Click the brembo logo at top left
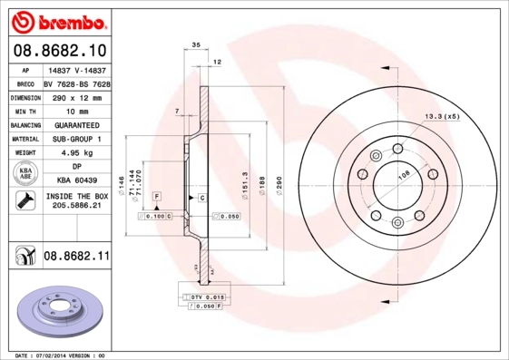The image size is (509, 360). [57, 19]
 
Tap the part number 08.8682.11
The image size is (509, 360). [76, 258]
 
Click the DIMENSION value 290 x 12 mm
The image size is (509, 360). [76, 95]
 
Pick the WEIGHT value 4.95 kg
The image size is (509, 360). [76, 153]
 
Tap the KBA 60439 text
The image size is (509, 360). [76, 180]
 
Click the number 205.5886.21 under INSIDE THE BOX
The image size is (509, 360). [76, 206]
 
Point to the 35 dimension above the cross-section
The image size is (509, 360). [195, 44]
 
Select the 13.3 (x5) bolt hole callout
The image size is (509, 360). [443, 117]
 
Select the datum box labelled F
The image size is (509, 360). [157, 197]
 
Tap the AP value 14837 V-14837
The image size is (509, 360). [76, 69]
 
